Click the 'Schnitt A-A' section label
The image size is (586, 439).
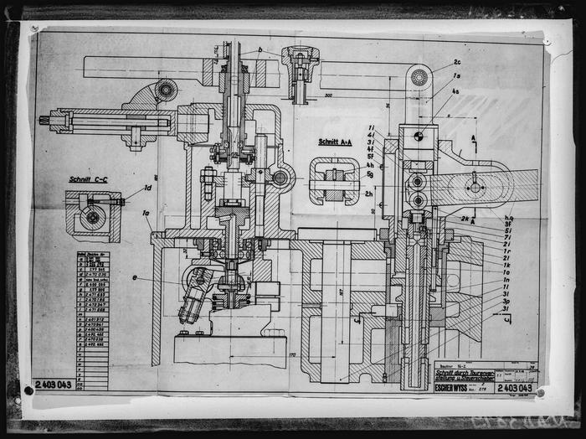point(335,142)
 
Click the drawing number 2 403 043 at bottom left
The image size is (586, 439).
point(54,384)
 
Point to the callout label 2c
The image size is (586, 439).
point(457,62)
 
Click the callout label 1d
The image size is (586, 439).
point(148,188)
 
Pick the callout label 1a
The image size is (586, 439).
point(147,214)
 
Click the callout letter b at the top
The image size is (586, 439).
point(260,51)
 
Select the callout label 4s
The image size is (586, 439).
point(455,90)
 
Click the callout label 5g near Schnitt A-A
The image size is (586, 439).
point(369,174)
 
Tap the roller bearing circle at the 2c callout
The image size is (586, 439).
point(419,77)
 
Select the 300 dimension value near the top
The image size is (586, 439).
point(328,96)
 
